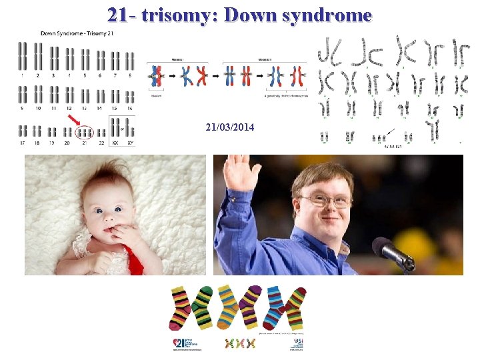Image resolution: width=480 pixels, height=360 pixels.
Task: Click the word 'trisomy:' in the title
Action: (x=181, y=15)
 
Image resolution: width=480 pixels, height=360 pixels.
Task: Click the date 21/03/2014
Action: (x=230, y=127)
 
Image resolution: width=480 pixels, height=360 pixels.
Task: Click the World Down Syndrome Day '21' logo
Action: (x=183, y=343)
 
